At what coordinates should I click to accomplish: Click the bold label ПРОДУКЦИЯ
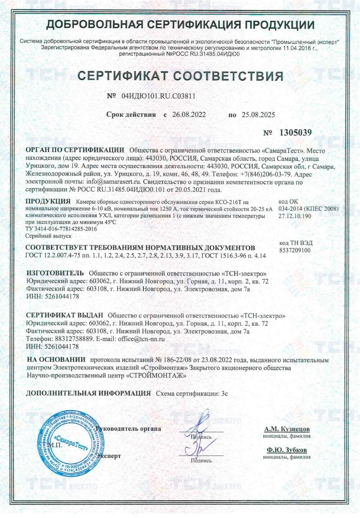pyautogui.click(x=48, y=201)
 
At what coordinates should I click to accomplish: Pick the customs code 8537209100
pyautogui.click(x=295, y=251)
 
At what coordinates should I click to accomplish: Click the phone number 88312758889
pyautogui.click(x=72, y=339)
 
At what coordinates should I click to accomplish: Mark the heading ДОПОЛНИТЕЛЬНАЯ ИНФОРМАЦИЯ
pyautogui.click(x=88, y=393)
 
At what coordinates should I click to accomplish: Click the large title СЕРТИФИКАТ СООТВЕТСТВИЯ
pyautogui.click(x=180, y=76)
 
